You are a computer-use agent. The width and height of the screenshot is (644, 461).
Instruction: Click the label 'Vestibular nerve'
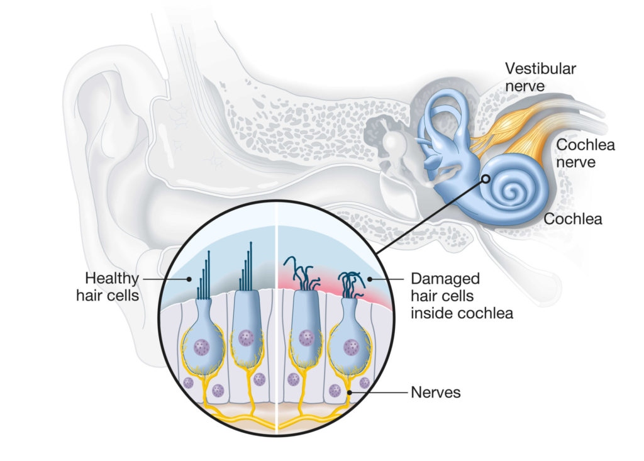[x=539, y=76]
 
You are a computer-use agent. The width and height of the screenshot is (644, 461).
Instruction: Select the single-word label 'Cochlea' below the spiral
[x=573, y=219]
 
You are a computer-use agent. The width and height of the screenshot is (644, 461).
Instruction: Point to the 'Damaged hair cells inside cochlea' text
[x=462, y=295]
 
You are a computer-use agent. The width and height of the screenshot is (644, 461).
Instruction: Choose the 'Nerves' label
[x=436, y=393]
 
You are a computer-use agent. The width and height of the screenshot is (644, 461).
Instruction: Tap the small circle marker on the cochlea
[x=486, y=179]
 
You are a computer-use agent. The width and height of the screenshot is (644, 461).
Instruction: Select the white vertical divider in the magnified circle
[x=277, y=314]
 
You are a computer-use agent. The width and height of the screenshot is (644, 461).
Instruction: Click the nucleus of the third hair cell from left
[x=307, y=338]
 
